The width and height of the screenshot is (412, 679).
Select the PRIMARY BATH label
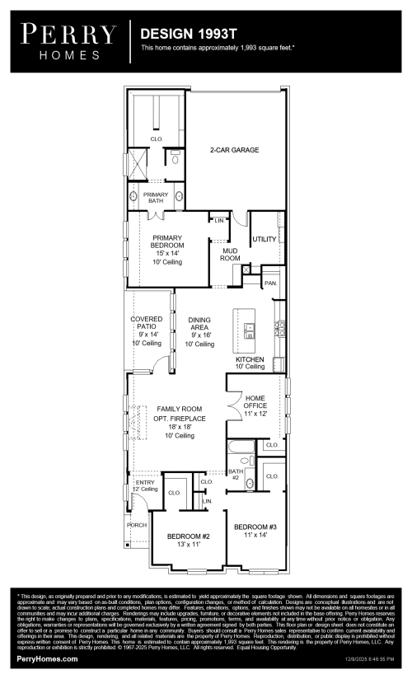pyautogui.click(x=156, y=197)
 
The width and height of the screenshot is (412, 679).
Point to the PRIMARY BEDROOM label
pyautogui.click(x=167, y=246)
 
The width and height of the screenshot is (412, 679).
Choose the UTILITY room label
pyautogui.click(x=264, y=239)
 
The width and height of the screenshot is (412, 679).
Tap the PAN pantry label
pyautogui.click(x=269, y=283)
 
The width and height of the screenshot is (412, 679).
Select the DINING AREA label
pyautogui.click(x=199, y=326)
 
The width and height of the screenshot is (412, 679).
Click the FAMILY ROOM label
pyautogui.click(x=179, y=409)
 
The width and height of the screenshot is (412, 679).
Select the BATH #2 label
pyautogui.click(x=235, y=475)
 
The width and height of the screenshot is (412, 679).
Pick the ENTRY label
pyautogui.click(x=133, y=482)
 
